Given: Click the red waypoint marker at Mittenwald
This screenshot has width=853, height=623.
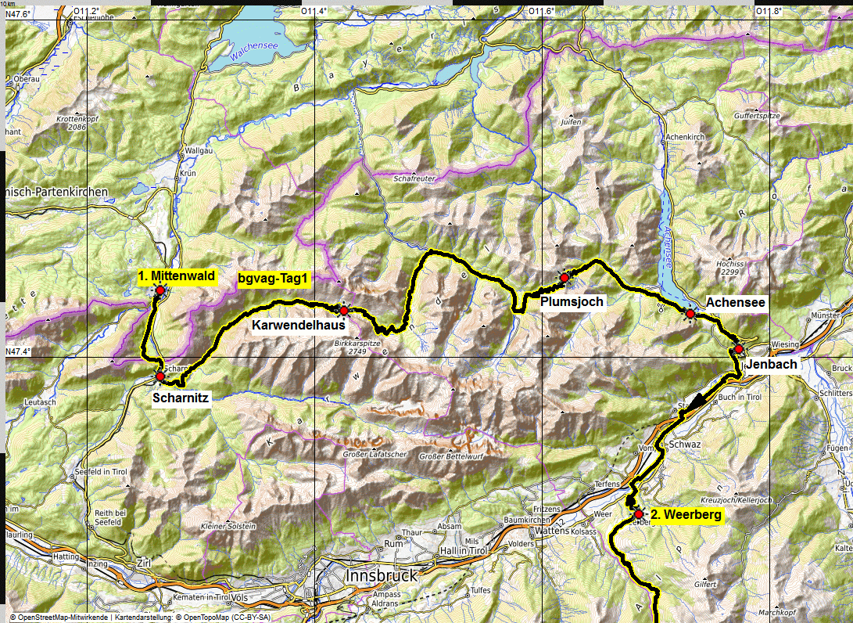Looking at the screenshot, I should coord(159,290).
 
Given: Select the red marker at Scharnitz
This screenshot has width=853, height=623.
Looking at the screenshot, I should coord(159,376).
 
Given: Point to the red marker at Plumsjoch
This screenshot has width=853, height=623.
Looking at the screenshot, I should coord(564,278).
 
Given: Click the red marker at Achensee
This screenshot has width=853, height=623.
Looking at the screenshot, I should coord(690,313).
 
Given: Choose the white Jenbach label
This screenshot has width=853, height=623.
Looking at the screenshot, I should coord(771,365).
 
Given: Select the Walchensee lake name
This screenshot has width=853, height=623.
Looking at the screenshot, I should coord(255,50).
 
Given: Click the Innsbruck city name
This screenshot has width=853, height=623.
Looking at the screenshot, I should coord(383,575).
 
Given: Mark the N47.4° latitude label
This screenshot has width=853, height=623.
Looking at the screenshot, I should coord(19,351).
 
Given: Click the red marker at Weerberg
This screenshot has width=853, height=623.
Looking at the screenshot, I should coord(638,514).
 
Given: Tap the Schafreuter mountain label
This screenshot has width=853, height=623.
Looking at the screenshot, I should coord(414,178).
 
